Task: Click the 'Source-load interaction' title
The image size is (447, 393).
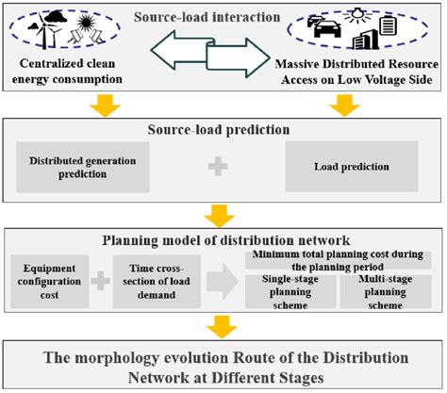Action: [223, 16]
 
